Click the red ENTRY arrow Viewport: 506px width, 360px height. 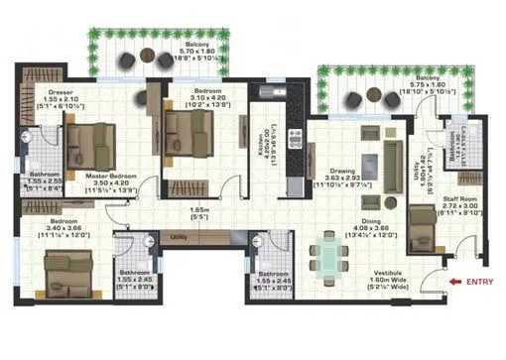(453, 281)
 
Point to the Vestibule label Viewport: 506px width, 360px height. (386, 276)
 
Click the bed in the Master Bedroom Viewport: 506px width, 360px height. (91, 141)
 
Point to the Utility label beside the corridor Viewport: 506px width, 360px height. (179, 238)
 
